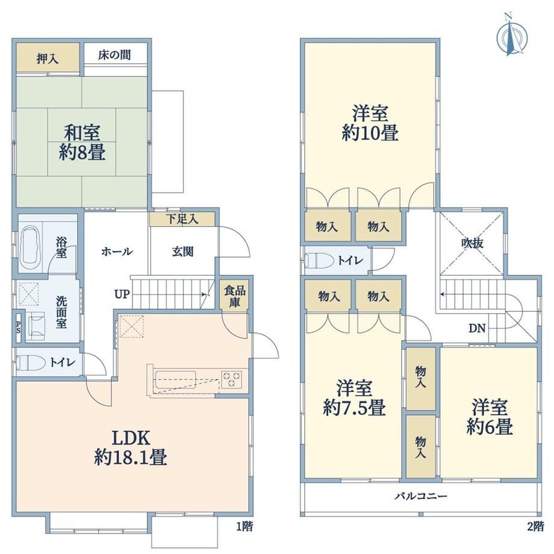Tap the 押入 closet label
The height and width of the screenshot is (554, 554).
point(48,58)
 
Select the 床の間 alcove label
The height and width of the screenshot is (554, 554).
point(114,55)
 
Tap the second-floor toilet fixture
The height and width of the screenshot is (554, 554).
point(319,261)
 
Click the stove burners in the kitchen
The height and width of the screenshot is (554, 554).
point(232,379)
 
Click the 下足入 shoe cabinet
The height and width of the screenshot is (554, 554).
point(182,219)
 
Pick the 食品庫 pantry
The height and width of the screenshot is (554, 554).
point(235,296)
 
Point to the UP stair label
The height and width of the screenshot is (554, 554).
point(122,294)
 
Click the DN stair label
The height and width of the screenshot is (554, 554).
point(477,328)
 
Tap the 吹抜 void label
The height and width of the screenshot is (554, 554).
point(472,243)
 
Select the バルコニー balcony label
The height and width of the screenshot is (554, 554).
point(421,496)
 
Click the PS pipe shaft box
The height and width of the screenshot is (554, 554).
point(18,327)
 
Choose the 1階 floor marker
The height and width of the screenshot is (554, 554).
point(244,526)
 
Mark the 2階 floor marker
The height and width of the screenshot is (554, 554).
point(535,526)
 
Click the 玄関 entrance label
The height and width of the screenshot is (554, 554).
point(182,252)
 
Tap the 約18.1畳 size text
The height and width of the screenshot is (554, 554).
point(131,458)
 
